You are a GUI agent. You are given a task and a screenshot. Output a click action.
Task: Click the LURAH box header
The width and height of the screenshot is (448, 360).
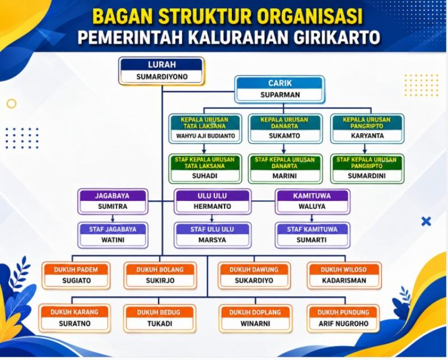(162, 64)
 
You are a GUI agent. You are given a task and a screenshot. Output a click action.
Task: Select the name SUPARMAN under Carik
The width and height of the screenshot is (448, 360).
(280, 95)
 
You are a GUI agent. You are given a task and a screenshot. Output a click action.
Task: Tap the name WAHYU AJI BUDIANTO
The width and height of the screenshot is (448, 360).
(206, 136)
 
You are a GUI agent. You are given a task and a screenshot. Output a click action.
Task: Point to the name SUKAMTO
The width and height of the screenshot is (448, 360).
(284, 135)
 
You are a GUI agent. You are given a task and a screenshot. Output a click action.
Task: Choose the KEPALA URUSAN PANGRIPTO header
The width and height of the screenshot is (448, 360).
(367, 123)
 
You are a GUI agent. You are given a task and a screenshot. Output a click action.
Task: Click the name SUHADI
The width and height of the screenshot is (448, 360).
(204, 176)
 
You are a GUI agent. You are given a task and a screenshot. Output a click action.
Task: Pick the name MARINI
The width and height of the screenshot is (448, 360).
(284, 176)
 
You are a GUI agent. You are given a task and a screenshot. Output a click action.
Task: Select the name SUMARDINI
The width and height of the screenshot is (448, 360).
(367, 176)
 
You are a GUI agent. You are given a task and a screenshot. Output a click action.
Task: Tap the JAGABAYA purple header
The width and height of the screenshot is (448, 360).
(113, 196)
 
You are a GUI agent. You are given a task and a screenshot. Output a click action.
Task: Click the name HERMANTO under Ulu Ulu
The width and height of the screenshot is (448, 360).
(212, 206)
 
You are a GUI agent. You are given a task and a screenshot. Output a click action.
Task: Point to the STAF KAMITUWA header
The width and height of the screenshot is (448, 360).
(312, 229)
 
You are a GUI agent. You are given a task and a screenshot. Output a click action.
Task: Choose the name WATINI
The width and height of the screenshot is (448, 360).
(113, 240)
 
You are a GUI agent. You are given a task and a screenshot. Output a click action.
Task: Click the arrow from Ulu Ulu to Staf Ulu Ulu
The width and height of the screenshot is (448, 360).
(212, 218)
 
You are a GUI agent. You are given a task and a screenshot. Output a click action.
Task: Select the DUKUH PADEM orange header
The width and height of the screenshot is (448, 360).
(76, 270)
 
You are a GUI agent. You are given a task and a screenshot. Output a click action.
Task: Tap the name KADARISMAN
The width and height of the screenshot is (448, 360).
(344, 280)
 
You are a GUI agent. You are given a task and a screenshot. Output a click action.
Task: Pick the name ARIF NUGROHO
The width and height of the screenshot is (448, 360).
(344, 324)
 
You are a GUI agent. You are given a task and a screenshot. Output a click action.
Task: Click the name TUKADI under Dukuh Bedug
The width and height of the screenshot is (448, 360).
(160, 324)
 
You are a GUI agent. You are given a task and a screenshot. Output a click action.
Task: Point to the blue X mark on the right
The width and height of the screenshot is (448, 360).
(426, 221)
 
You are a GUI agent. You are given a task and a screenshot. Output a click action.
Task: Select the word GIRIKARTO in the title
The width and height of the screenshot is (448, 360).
(337, 37)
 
